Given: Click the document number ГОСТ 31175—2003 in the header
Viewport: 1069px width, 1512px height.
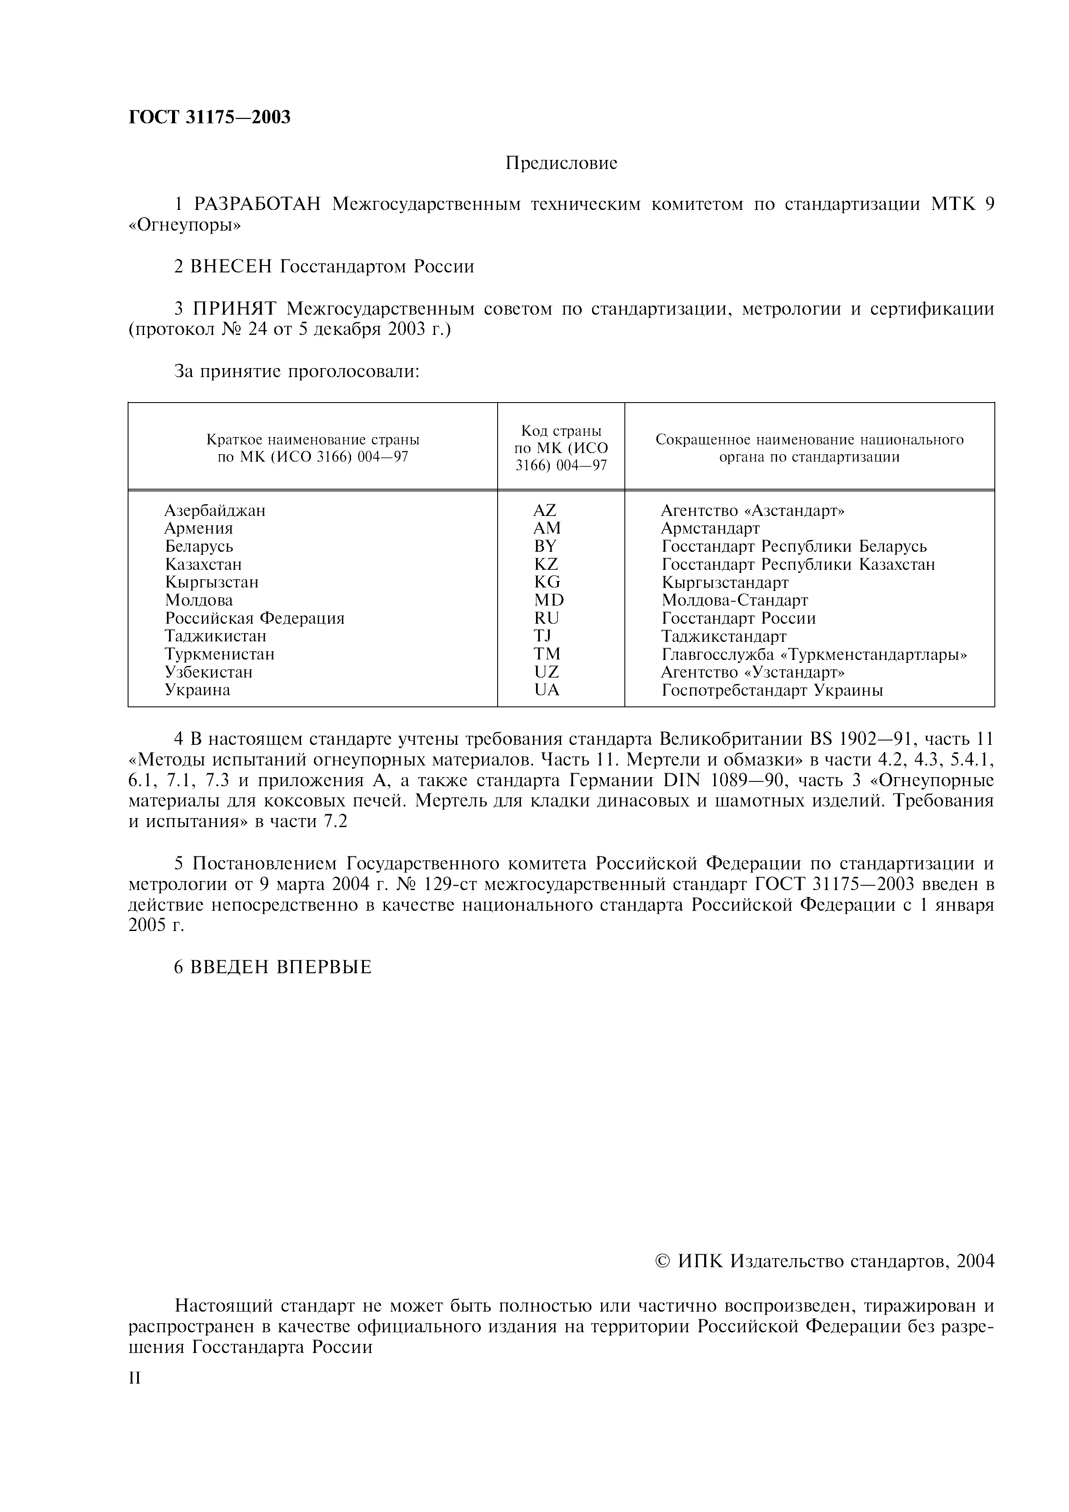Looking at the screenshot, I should (209, 117).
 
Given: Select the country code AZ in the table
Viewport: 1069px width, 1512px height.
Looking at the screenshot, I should (545, 510).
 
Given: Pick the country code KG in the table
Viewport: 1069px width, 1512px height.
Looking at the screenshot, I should (547, 582).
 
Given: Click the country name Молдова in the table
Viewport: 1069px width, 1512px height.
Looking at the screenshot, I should (199, 600).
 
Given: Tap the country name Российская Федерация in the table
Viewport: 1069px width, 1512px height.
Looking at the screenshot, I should (255, 619).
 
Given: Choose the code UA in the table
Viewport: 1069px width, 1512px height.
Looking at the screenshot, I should (547, 690).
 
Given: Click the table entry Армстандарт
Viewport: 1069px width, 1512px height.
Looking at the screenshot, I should (710, 528).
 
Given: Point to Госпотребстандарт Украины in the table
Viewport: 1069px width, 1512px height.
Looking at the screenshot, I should (772, 690).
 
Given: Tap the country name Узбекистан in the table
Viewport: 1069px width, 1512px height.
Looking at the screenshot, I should (209, 672).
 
